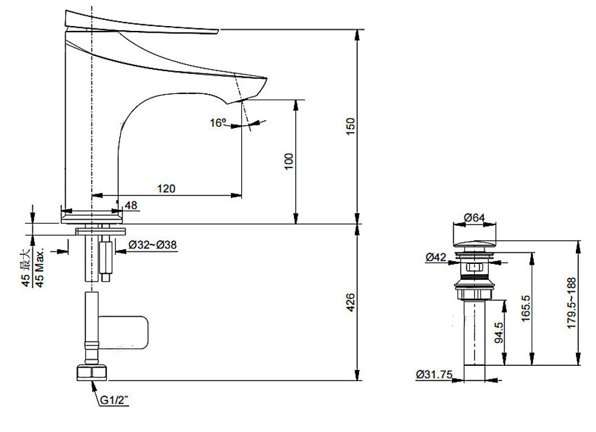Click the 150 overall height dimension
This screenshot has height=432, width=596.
[350, 126]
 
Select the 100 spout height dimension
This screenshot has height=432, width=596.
[289, 161]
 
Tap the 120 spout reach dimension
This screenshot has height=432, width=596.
[167, 188]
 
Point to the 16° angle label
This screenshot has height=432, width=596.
[218, 123]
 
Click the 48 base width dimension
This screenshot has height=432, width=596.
[131, 205]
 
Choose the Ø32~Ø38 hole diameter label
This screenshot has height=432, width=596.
[152, 245]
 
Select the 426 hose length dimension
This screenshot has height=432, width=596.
[350, 302]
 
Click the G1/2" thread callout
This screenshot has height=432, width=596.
[114, 400]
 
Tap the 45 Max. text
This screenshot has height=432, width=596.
[39, 268]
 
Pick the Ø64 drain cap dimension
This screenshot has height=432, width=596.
[474, 218]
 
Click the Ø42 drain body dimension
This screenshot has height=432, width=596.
[436, 257]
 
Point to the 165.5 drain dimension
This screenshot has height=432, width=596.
[526, 308]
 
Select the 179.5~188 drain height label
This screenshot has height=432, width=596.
[571, 303]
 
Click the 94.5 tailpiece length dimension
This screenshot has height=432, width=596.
[498, 332]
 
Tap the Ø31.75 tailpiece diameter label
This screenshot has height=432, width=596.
[435, 374]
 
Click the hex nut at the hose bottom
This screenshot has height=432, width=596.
[92, 373]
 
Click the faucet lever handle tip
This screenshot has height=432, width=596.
[218, 31]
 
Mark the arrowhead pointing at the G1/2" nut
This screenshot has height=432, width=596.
[93, 385]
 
